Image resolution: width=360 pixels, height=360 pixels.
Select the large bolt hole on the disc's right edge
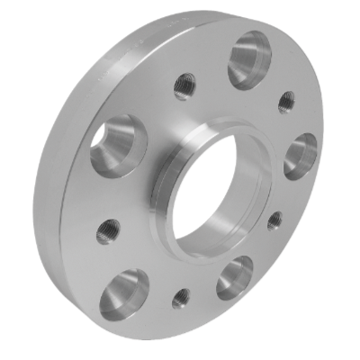[x=301, y=155]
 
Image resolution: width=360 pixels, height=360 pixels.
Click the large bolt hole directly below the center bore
[x=236, y=277]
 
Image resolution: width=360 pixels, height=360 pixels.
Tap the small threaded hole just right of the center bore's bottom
[x=274, y=220]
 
